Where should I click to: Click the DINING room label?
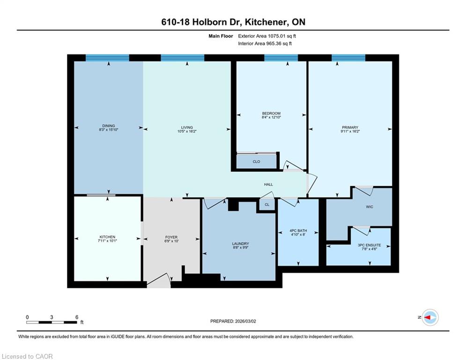[109, 126]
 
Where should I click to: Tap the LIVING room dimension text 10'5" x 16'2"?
[187, 131]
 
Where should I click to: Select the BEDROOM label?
[271, 113]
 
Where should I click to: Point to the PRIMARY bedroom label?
[350, 127]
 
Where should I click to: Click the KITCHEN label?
[107, 237]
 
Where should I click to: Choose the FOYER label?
[171, 237]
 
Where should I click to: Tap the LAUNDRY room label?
[240, 244]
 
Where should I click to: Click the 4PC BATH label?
[298, 231]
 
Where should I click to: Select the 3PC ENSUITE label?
[370, 245]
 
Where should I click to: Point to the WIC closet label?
[370, 207]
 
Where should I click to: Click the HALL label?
[268, 185]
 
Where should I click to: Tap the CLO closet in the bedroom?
[256, 162]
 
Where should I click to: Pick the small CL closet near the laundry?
[267, 204]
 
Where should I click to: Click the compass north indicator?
[430, 317]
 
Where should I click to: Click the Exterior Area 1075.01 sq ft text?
[267, 36]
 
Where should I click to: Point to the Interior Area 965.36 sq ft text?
[265, 44]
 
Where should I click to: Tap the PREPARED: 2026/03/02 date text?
[233, 321]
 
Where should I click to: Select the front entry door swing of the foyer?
[158, 281]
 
